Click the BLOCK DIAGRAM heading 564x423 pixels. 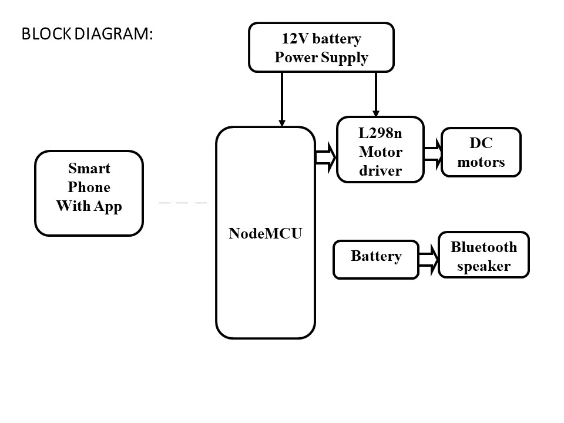click(87, 34)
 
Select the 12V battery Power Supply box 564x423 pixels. click(321, 47)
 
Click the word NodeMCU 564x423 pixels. click(265, 233)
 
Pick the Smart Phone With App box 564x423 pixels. click(89, 193)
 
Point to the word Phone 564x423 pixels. click(89, 187)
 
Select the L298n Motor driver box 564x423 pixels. click(380, 150)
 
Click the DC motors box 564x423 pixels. click(481, 152)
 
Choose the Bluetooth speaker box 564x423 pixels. click(484, 255)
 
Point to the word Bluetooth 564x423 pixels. click(484, 247)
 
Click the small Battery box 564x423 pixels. click(376, 259)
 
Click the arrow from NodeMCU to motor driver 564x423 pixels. click(325, 157)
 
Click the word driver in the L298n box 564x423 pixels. click(380, 171)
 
